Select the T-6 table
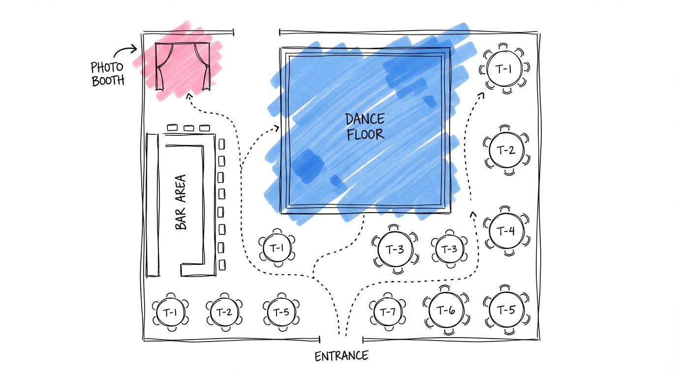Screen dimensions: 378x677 (x=446, y=310)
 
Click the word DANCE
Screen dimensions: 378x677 (x=365, y=119)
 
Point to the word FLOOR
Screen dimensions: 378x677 (x=365, y=134)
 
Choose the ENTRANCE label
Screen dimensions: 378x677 (x=341, y=356)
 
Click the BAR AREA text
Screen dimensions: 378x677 (x=181, y=202)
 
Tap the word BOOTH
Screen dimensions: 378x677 (x=108, y=81)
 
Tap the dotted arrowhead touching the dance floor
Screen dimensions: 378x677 (x=277, y=128)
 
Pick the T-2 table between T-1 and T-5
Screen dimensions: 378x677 (x=225, y=312)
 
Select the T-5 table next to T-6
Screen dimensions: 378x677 (x=507, y=310)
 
